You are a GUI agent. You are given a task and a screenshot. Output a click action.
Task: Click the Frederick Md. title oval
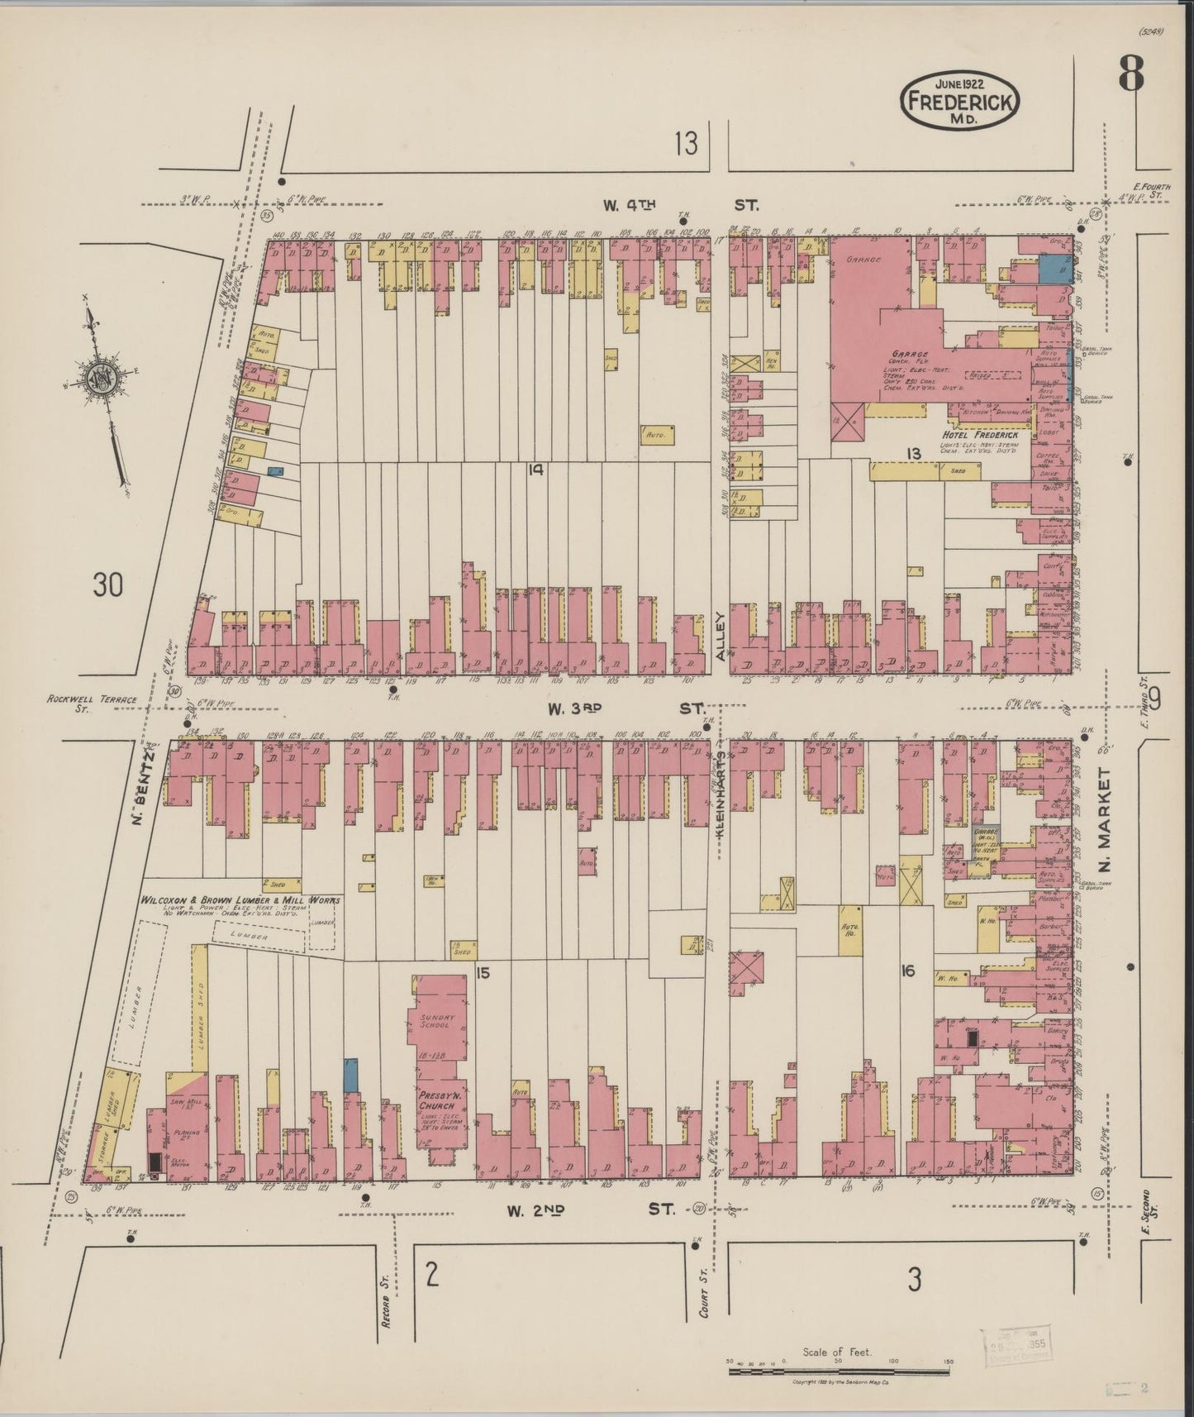959,99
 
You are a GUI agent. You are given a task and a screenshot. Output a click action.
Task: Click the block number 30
107,585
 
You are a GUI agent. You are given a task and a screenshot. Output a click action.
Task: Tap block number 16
907,971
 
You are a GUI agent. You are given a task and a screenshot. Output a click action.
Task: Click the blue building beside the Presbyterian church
350,1073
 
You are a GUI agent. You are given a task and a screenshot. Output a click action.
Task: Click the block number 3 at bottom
913,1280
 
